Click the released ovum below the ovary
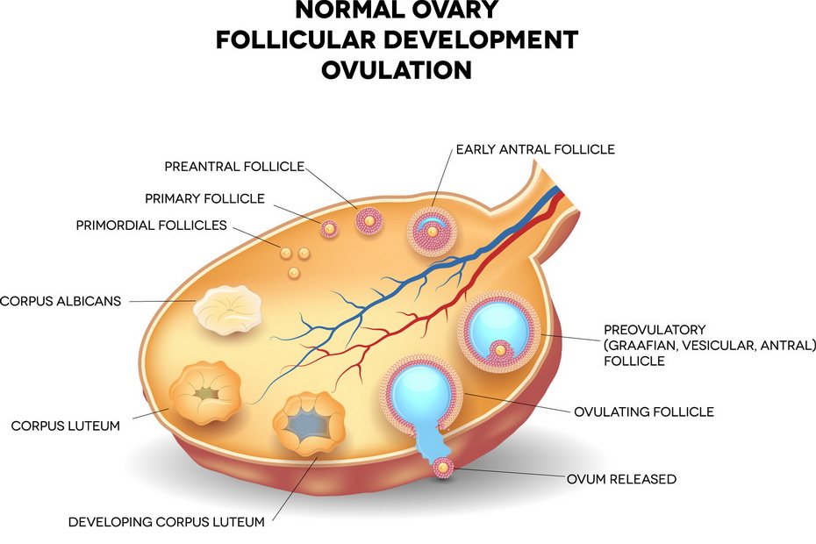click(443, 468)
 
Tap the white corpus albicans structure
click(227, 311)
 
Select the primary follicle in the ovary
click(329, 228)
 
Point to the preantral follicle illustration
click(369, 221)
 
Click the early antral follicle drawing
click(432, 232)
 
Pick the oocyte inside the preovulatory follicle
click(500, 350)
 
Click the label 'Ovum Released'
click(621, 479)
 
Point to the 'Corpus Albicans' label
click(61, 301)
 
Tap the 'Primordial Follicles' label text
click(152, 225)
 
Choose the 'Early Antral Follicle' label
click(535, 149)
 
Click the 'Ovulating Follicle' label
click(644, 412)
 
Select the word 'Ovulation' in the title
click(397, 70)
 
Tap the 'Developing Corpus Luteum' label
click(167, 521)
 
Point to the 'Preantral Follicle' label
click(234, 167)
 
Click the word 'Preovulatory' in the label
click(655, 330)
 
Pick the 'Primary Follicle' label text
click(205, 198)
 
